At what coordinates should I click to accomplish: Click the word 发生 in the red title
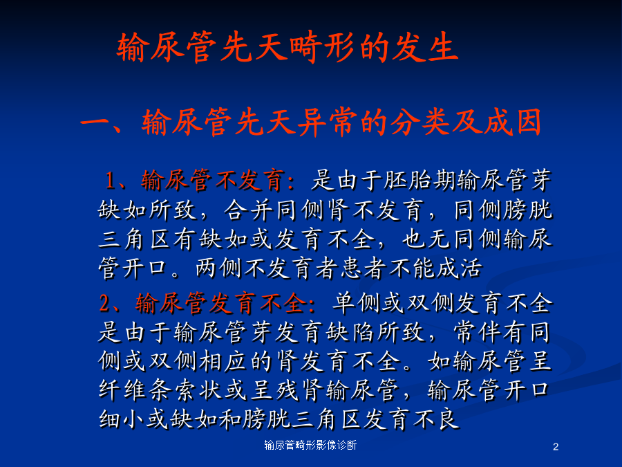pyautogui.click(x=425, y=47)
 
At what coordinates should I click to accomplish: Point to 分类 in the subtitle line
pyautogui.click(x=420, y=122)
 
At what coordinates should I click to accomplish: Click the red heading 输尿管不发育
pyautogui.click(x=213, y=180)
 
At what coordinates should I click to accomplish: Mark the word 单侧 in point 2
pyautogui.click(x=356, y=304)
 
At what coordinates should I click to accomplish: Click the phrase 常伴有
pyautogui.click(x=491, y=333)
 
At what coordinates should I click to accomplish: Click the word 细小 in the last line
pyautogui.click(x=122, y=420)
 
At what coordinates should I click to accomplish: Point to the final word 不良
pyautogui.click(x=435, y=420)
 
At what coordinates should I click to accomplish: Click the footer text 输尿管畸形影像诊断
pyautogui.click(x=310, y=445)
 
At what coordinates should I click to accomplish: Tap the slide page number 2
pyautogui.click(x=556, y=447)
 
